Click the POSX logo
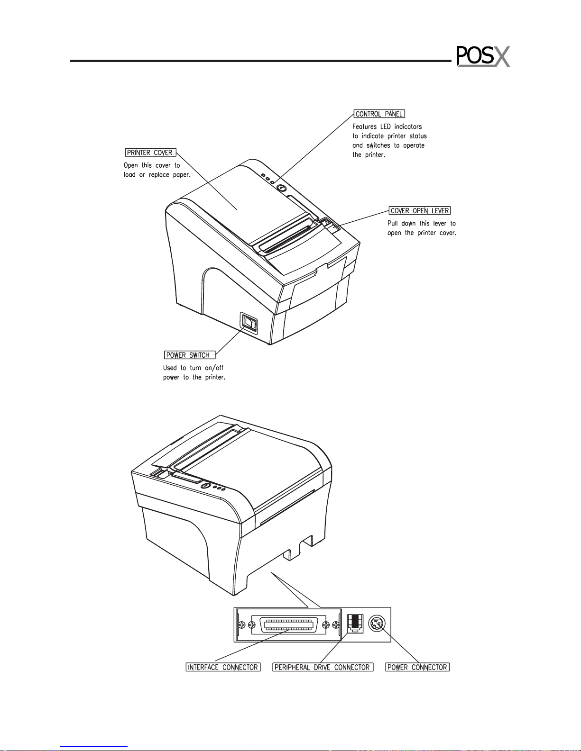pos(483,56)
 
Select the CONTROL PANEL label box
pos(379,114)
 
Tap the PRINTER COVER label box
pos(150,153)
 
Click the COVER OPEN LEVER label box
pos(420,210)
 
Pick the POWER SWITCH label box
pos(190,355)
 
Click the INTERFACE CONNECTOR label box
pos(223,667)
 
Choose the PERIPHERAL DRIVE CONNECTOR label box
pos(323,667)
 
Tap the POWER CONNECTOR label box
pos(417,667)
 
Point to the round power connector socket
pos(377,624)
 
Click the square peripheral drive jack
pos(355,624)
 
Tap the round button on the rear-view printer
pos(206,486)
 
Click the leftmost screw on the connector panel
pos(242,625)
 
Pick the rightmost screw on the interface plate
pos(335,625)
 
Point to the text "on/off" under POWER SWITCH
pos(214,368)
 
